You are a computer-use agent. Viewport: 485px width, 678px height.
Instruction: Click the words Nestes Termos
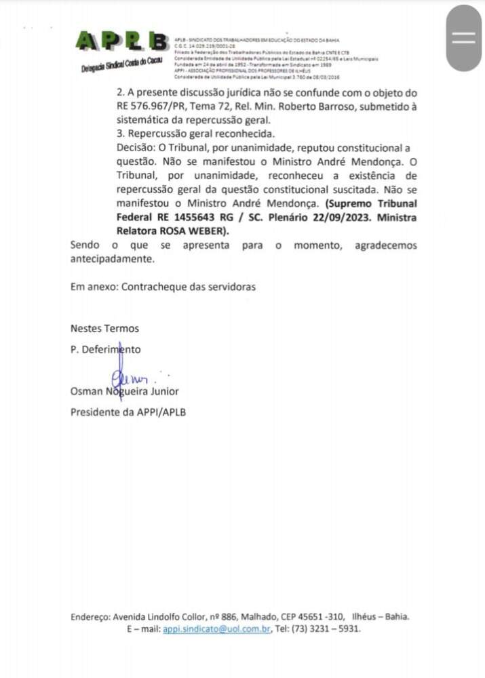(104, 328)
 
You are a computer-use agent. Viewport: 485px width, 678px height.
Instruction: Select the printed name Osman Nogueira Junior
(125, 391)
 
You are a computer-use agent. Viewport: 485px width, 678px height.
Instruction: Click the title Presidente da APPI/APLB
(128, 412)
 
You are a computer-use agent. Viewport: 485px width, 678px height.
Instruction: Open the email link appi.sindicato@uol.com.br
(217, 629)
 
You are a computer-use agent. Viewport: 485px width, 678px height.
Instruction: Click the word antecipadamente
(112, 258)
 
